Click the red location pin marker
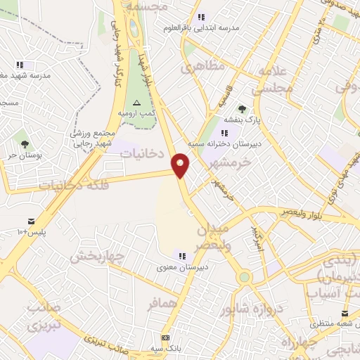[181, 165]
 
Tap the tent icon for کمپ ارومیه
[136, 103]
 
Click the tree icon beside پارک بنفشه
[242, 109]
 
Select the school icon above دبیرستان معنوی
[182, 256]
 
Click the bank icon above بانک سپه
[165, 337]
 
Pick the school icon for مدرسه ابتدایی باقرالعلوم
[202, 17]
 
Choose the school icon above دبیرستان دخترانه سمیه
[224, 132]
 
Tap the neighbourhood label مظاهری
[202, 67]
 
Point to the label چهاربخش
[96, 255]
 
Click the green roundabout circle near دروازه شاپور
[243, 276]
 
